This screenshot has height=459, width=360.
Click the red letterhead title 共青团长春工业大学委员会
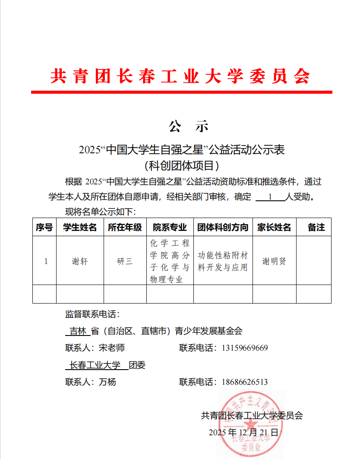pyautogui.click(x=180, y=76)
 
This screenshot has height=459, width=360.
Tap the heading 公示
pyautogui.click(x=189, y=126)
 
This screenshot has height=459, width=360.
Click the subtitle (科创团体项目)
pyautogui.click(x=182, y=165)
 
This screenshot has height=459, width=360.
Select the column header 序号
pyautogui.click(x=44, y=227)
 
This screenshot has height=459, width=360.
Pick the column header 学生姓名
pyautogui.click(x=80, y=227)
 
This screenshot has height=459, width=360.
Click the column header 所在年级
pyautogui.click(x=125, y=227)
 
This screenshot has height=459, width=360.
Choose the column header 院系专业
pyautogui.click(x=170, y=227)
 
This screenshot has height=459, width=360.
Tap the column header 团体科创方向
pyautogui.click(x=223, y=227)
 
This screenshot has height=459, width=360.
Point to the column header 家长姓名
pyautogui.click(x=274, y=227)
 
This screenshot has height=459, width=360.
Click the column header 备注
pyautogui.click(x=316, y=227)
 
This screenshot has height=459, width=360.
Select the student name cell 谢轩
pyautogui.click(x=80, y=261)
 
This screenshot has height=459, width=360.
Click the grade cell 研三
pyautogui.click(x=125, y=261)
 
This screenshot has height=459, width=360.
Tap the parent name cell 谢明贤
pyautogui.click(x=274, y=261)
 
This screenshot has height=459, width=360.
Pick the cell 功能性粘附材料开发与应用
pyautogui.click(x=223, y=261)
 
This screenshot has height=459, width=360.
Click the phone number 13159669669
pyautogui.click(x=245, y=348)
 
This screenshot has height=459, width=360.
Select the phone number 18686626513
pyautogui.click(x=245, y=382)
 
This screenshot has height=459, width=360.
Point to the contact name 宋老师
pyautogui.click(x=111, y=348)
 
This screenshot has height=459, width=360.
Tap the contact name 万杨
pyautogui.click(x=107, y=382)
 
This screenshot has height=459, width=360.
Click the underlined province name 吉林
pyautogui.click(x=78, y=331)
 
